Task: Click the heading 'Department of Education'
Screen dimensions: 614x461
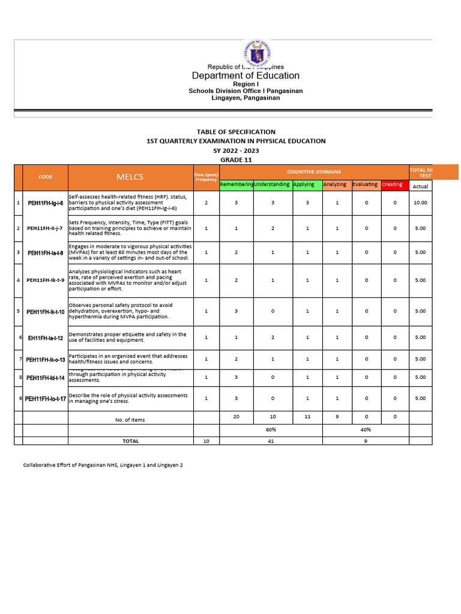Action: [x=246, y=76]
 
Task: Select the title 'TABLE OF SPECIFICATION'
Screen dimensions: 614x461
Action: [x=236, y=132]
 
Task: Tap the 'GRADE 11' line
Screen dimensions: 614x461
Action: [x=236, y=159]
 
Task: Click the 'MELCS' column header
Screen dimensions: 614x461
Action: [x=130, y=177]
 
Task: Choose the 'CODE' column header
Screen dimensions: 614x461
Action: [x=45, y=177]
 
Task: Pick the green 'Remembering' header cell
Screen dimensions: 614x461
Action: [x=237, y=185]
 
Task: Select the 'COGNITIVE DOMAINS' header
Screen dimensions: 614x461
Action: [x=313, y=172]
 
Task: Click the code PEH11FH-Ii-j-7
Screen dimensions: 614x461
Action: [x=45, y=228]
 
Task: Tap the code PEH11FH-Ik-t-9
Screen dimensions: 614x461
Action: [x=45, y=281]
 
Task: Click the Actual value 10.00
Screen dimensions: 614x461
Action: [x=420, y=203]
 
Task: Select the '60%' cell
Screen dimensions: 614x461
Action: [x=271, y=430]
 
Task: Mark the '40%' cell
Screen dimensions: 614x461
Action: [x=366, y=430]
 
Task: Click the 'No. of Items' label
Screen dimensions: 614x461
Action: [x=130, y=420]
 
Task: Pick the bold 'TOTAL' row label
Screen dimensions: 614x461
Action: [x=130, y=441]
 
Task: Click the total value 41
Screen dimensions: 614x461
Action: [x=271, y=441]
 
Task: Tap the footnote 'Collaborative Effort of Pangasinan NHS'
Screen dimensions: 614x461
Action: [x=103, y=465]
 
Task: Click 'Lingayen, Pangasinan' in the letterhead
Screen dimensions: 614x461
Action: [x=246, y=98]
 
